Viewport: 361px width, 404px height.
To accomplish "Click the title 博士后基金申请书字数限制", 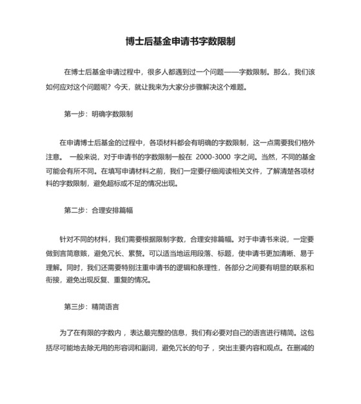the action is point(180,41).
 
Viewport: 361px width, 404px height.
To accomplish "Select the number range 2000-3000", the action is point(217,157).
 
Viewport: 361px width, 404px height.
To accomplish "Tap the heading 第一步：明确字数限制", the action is point(99,114).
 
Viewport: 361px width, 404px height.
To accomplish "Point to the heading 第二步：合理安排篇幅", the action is point(99,210).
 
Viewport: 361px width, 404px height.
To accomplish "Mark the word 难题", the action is point(238,86).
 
